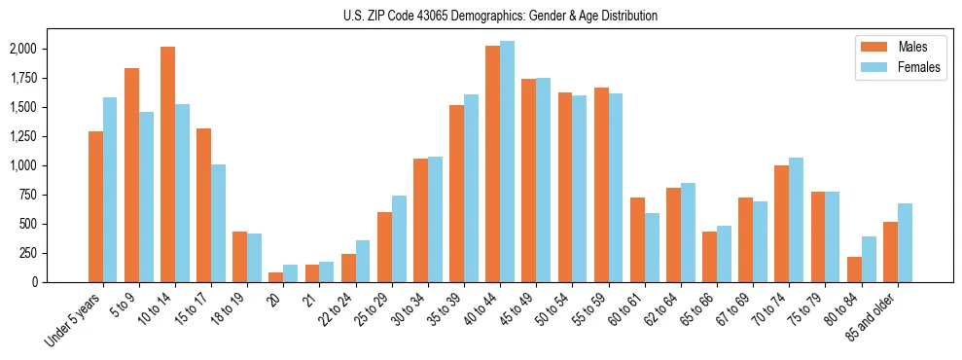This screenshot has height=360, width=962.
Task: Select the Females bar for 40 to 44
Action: (508, 162)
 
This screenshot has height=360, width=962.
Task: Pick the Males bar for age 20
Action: (276, 277)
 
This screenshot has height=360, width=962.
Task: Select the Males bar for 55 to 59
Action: (601, 185)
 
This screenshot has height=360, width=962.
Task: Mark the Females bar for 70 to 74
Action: (797, 220)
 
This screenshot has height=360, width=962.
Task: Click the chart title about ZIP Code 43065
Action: (500, 16)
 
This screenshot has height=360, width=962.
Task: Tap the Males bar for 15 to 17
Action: (204, 205)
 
